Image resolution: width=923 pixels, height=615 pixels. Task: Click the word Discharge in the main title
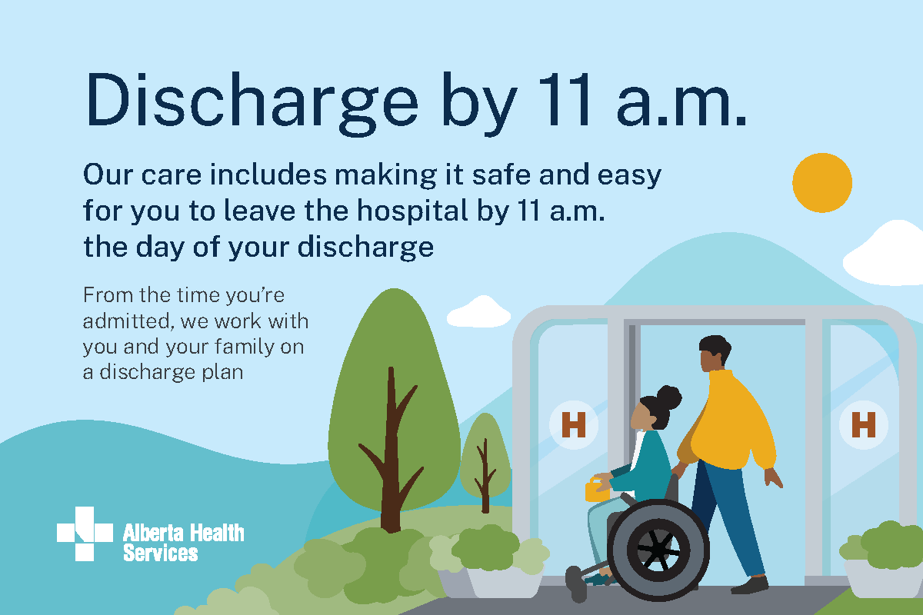252,104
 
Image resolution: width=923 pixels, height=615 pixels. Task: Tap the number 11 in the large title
564,99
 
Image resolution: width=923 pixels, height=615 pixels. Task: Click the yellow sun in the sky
822,183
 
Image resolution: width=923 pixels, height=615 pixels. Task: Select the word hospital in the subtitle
412,211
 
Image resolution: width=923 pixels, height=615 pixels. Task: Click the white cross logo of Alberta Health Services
85,534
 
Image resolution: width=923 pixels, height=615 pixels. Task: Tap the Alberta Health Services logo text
183,542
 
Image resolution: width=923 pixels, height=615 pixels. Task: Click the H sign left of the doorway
574,424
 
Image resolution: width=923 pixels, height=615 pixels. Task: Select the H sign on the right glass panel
863,424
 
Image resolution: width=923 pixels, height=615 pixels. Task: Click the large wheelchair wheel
658,550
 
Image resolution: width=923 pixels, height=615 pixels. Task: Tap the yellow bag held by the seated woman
597,490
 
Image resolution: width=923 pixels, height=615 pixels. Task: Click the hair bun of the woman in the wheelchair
668,397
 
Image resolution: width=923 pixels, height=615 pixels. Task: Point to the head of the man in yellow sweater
715,353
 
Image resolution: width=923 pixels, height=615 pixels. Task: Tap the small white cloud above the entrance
479,312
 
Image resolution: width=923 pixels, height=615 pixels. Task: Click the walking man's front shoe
749,585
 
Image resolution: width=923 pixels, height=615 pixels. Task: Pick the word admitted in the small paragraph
126,321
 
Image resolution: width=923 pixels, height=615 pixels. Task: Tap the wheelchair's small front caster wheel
576,584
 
